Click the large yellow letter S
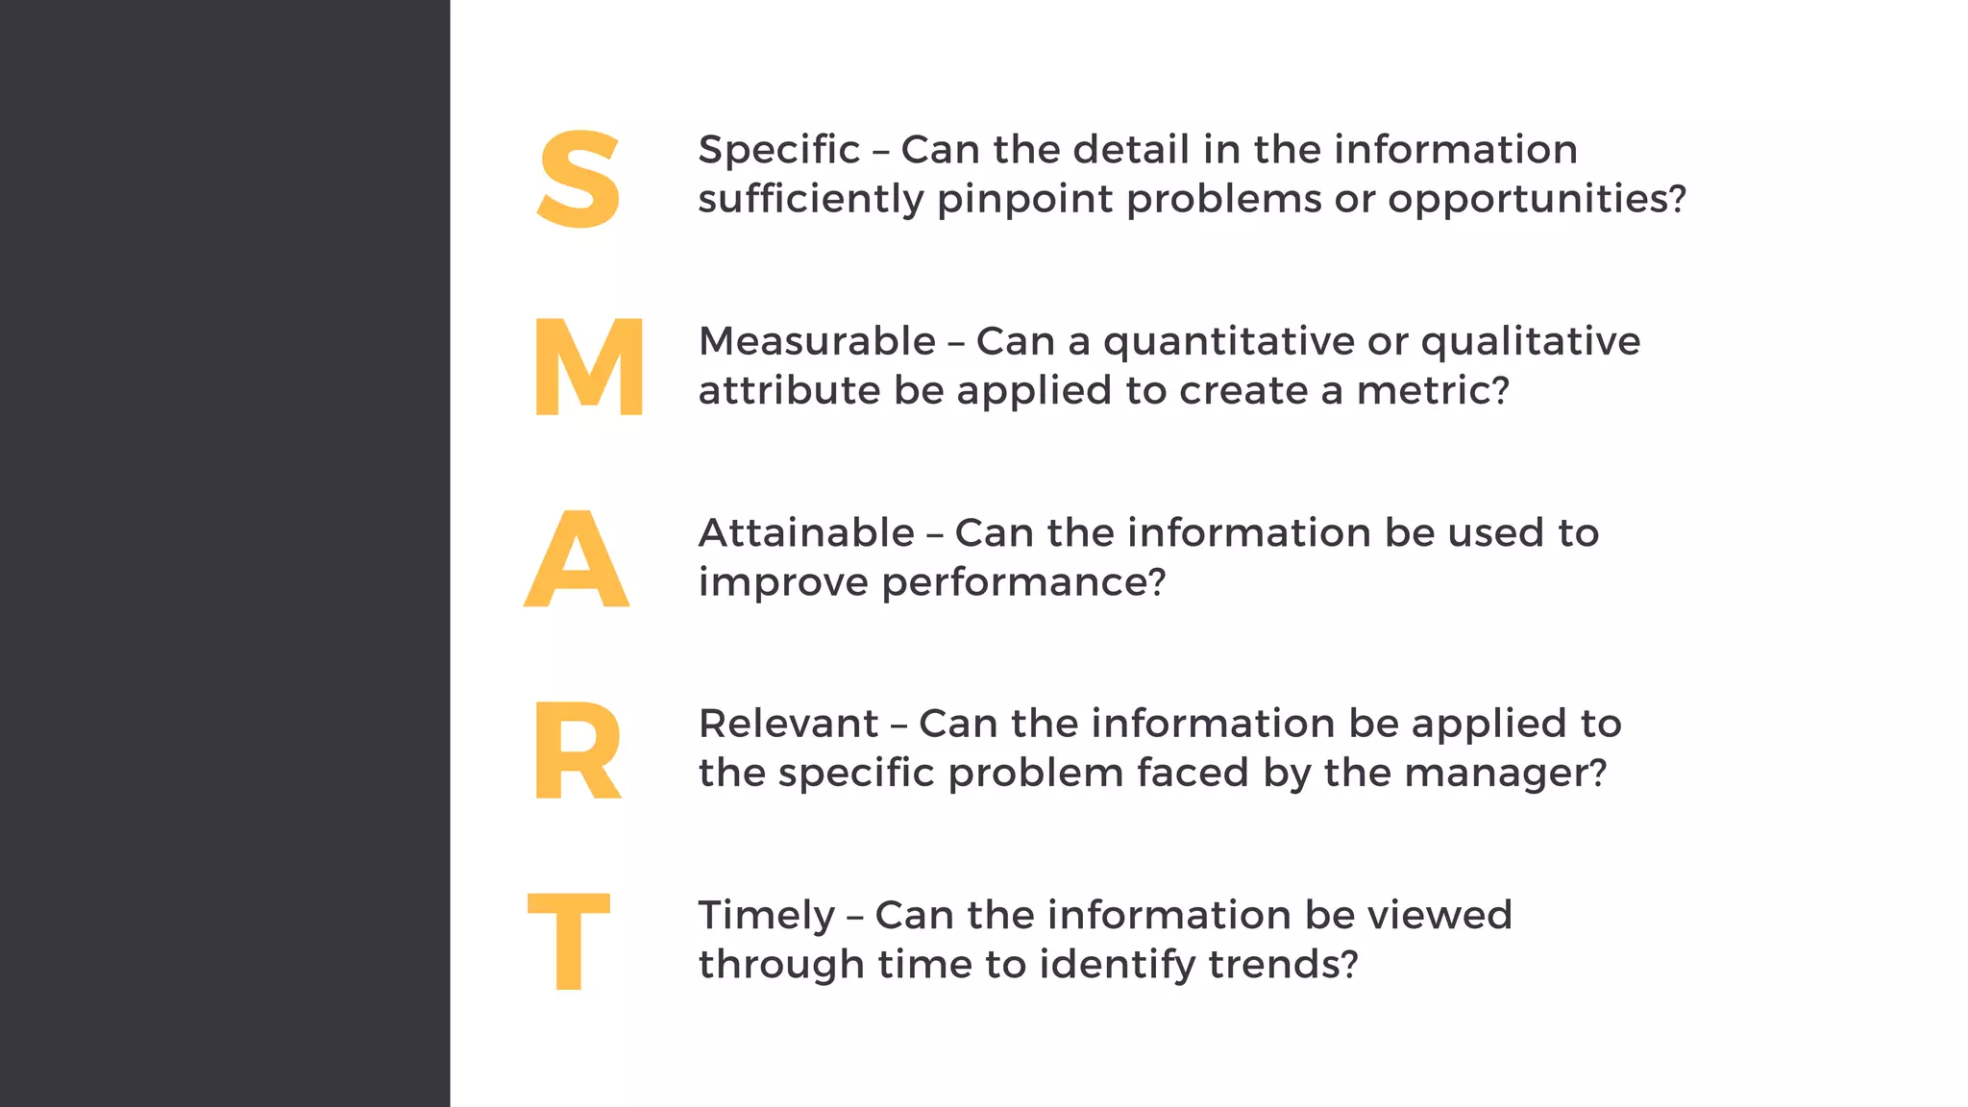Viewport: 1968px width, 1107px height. point(578,180)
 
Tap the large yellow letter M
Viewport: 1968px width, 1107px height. point(588,367)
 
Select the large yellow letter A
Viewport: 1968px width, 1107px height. point(577,559)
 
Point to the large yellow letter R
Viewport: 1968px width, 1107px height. point(577,750)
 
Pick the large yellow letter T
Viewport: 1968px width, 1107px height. point(569,941)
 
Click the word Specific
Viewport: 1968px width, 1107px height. point(778,151)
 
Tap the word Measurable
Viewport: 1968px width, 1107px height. point(817,342)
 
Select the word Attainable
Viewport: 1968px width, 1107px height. point(806,533)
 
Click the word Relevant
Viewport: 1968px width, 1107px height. point(788,724)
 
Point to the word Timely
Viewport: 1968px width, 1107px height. point(766,916)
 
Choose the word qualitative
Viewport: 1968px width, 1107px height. point(1530,342)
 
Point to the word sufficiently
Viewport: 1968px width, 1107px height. point(810,200)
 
